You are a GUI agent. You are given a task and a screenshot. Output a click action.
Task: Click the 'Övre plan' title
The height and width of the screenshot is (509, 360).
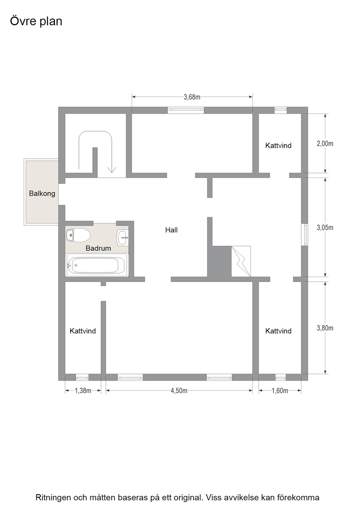(x=36, y=21)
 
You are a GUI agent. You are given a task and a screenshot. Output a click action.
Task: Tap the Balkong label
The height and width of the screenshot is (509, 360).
(x=42, y=193)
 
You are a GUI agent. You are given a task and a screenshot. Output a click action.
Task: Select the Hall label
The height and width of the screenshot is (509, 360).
(x=171, y=230)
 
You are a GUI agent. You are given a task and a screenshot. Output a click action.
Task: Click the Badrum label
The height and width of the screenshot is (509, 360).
(x=98, y=248)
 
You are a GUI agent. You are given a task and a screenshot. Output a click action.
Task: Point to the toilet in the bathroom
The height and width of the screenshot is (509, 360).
(x=78, y=235)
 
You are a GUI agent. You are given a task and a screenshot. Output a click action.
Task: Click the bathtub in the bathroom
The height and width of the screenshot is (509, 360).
(x=97, y=265)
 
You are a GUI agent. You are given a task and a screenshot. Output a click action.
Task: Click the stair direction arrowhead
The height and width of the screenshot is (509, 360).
(x=111, y=170)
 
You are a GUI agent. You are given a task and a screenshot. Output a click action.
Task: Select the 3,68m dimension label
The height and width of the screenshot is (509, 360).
(x=192, y=97)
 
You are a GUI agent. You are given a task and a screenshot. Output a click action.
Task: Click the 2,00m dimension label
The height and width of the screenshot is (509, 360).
(x=325, y=144)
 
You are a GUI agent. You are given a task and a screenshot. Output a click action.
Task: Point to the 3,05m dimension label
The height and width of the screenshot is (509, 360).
(x=325, y=227)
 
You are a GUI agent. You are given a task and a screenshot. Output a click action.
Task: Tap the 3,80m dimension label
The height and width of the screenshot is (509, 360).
(x=325, y=328)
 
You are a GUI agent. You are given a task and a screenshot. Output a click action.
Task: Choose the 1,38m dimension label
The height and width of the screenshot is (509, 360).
(x=83, y=391)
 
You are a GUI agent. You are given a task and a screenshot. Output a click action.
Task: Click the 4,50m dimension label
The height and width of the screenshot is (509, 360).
(x=179, y=391)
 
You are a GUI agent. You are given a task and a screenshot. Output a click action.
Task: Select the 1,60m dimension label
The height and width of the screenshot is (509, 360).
(x=280, y=391)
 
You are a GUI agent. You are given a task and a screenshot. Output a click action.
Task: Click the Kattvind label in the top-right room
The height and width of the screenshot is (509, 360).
(x=278, y=145)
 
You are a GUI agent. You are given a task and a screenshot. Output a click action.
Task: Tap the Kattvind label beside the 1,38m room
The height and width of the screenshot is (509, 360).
(x=83, y=331)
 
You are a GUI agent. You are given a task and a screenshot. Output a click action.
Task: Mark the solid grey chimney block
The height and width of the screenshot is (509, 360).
(x=219, y=261)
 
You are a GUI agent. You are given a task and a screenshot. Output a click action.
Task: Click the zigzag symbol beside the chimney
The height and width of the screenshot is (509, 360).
(x=241, y=261)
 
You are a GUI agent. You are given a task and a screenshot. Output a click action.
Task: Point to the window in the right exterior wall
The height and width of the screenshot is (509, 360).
(x=304, y=235)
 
